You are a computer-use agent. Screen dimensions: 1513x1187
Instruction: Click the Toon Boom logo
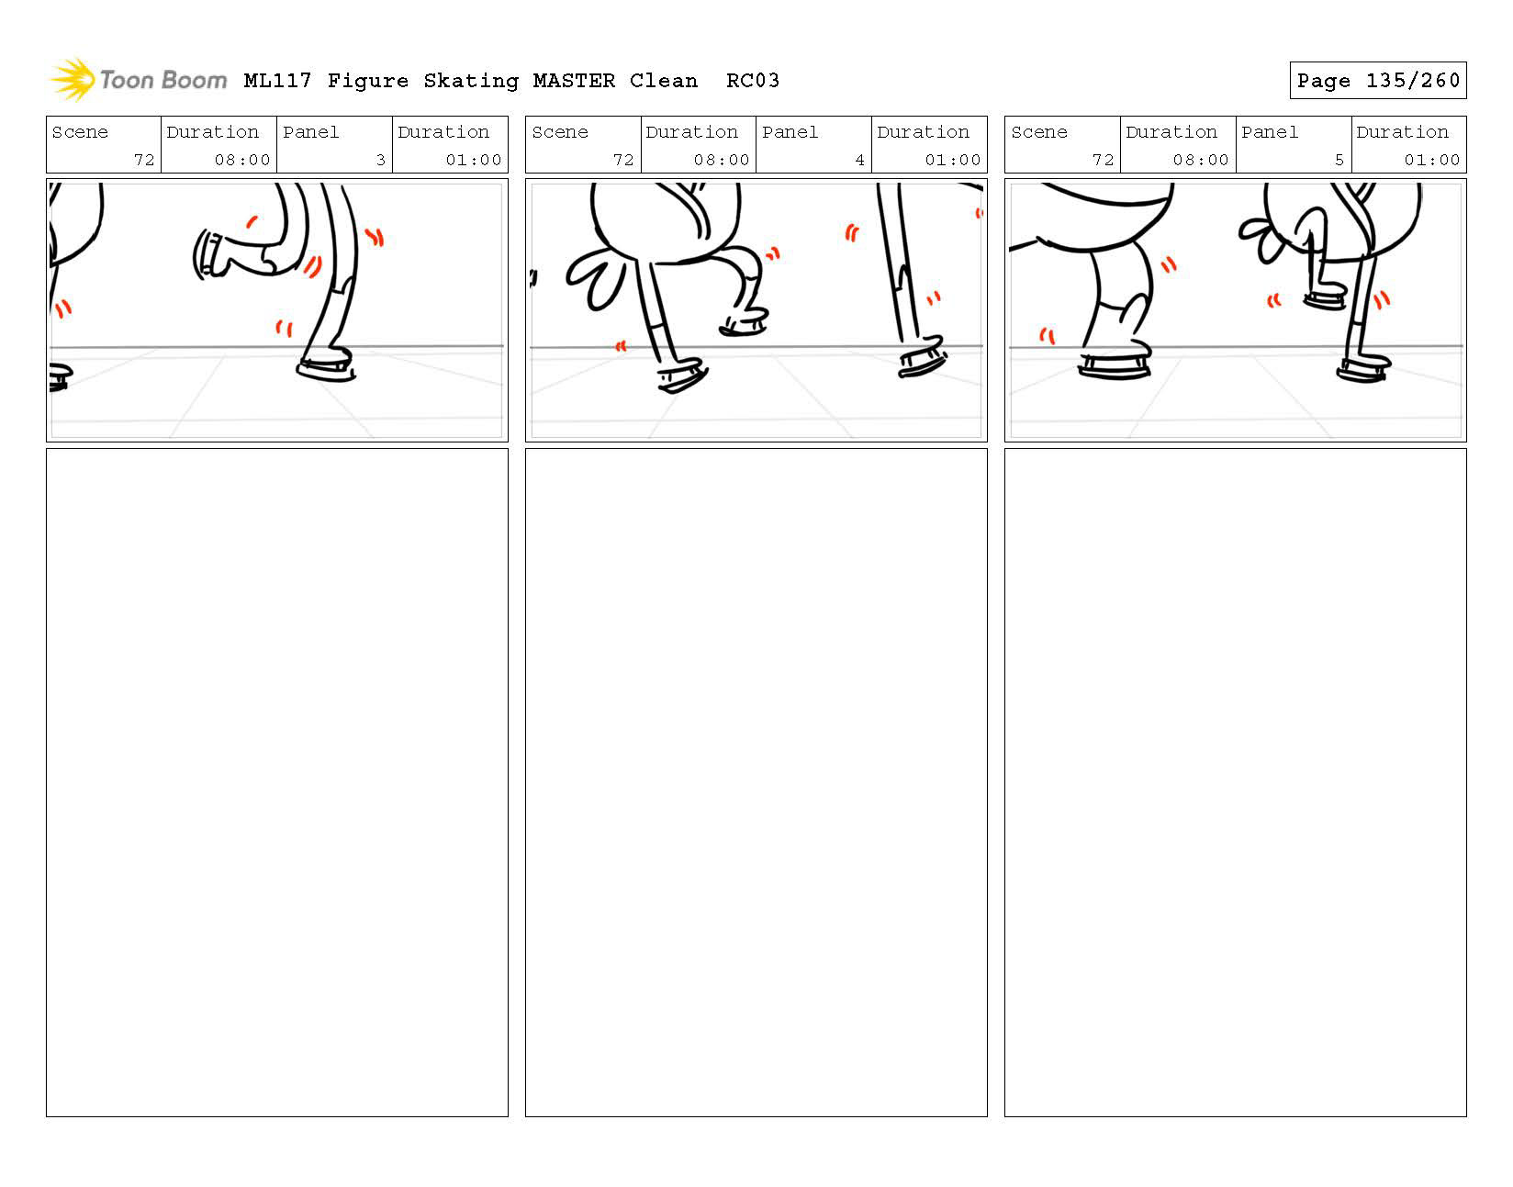[x=139, y=79]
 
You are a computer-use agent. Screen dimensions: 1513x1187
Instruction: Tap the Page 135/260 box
[x=1377, y=80]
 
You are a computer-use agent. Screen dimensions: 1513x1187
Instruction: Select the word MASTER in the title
[x=574, y=81]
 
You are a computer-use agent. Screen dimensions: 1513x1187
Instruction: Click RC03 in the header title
[x=752, y=81]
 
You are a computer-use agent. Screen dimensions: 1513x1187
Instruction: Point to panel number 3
[x=380, y=160]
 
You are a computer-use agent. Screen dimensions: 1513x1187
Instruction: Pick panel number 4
[x=859, y=160]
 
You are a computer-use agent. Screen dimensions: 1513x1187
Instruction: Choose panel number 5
[x=1339, y=160]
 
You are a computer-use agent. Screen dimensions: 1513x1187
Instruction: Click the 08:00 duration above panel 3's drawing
[x=241, y=160]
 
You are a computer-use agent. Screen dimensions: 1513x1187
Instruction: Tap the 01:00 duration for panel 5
[x=1431, y=160]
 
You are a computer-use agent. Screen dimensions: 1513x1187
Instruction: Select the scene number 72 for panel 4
[x=623, y=160]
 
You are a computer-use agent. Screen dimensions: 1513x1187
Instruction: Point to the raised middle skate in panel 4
[x=744, y=324]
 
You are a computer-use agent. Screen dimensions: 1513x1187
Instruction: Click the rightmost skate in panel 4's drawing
[x=923, y=356]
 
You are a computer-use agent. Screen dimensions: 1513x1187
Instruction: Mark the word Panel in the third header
[x=1270, y=131]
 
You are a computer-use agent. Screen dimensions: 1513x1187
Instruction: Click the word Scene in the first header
[x=80, y=131]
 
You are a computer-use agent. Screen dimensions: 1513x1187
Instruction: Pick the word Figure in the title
[x=367, y=81]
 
